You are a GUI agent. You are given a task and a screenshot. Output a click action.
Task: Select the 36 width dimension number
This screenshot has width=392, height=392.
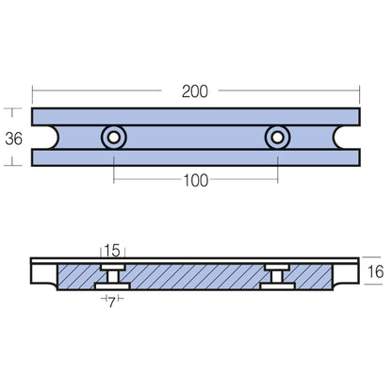pos(14,137)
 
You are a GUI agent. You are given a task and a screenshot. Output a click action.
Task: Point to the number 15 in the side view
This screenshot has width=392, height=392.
pos(113,251)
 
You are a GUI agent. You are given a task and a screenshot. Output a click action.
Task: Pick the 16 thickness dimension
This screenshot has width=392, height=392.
pos(374,272)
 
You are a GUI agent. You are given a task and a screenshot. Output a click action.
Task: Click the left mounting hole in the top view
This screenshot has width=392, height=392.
pos(114,138)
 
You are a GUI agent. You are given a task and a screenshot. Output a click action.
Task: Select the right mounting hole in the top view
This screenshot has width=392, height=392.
pos(277,138)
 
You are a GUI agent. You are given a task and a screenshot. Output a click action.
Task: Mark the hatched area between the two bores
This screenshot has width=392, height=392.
pos(195,275)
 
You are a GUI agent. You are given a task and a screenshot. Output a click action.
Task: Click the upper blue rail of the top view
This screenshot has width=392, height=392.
pos(196,117)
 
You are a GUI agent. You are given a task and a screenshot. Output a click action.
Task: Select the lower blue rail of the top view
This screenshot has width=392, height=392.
pos(196,157)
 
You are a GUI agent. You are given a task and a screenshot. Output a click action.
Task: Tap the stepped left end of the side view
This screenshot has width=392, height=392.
pos(43,275)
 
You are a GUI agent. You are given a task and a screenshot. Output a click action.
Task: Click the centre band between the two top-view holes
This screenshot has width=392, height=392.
pos(196,138)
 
